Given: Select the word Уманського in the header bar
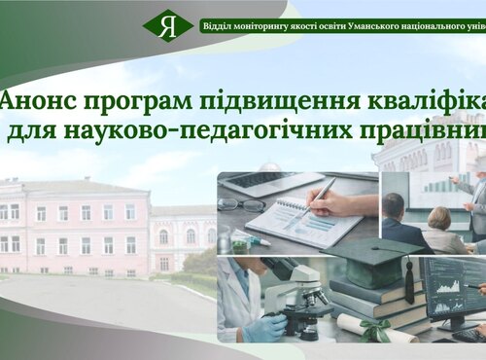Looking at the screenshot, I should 381,24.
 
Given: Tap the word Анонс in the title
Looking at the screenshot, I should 36,101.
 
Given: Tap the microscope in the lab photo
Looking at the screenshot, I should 292,297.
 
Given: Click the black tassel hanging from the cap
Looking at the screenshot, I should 409,282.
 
